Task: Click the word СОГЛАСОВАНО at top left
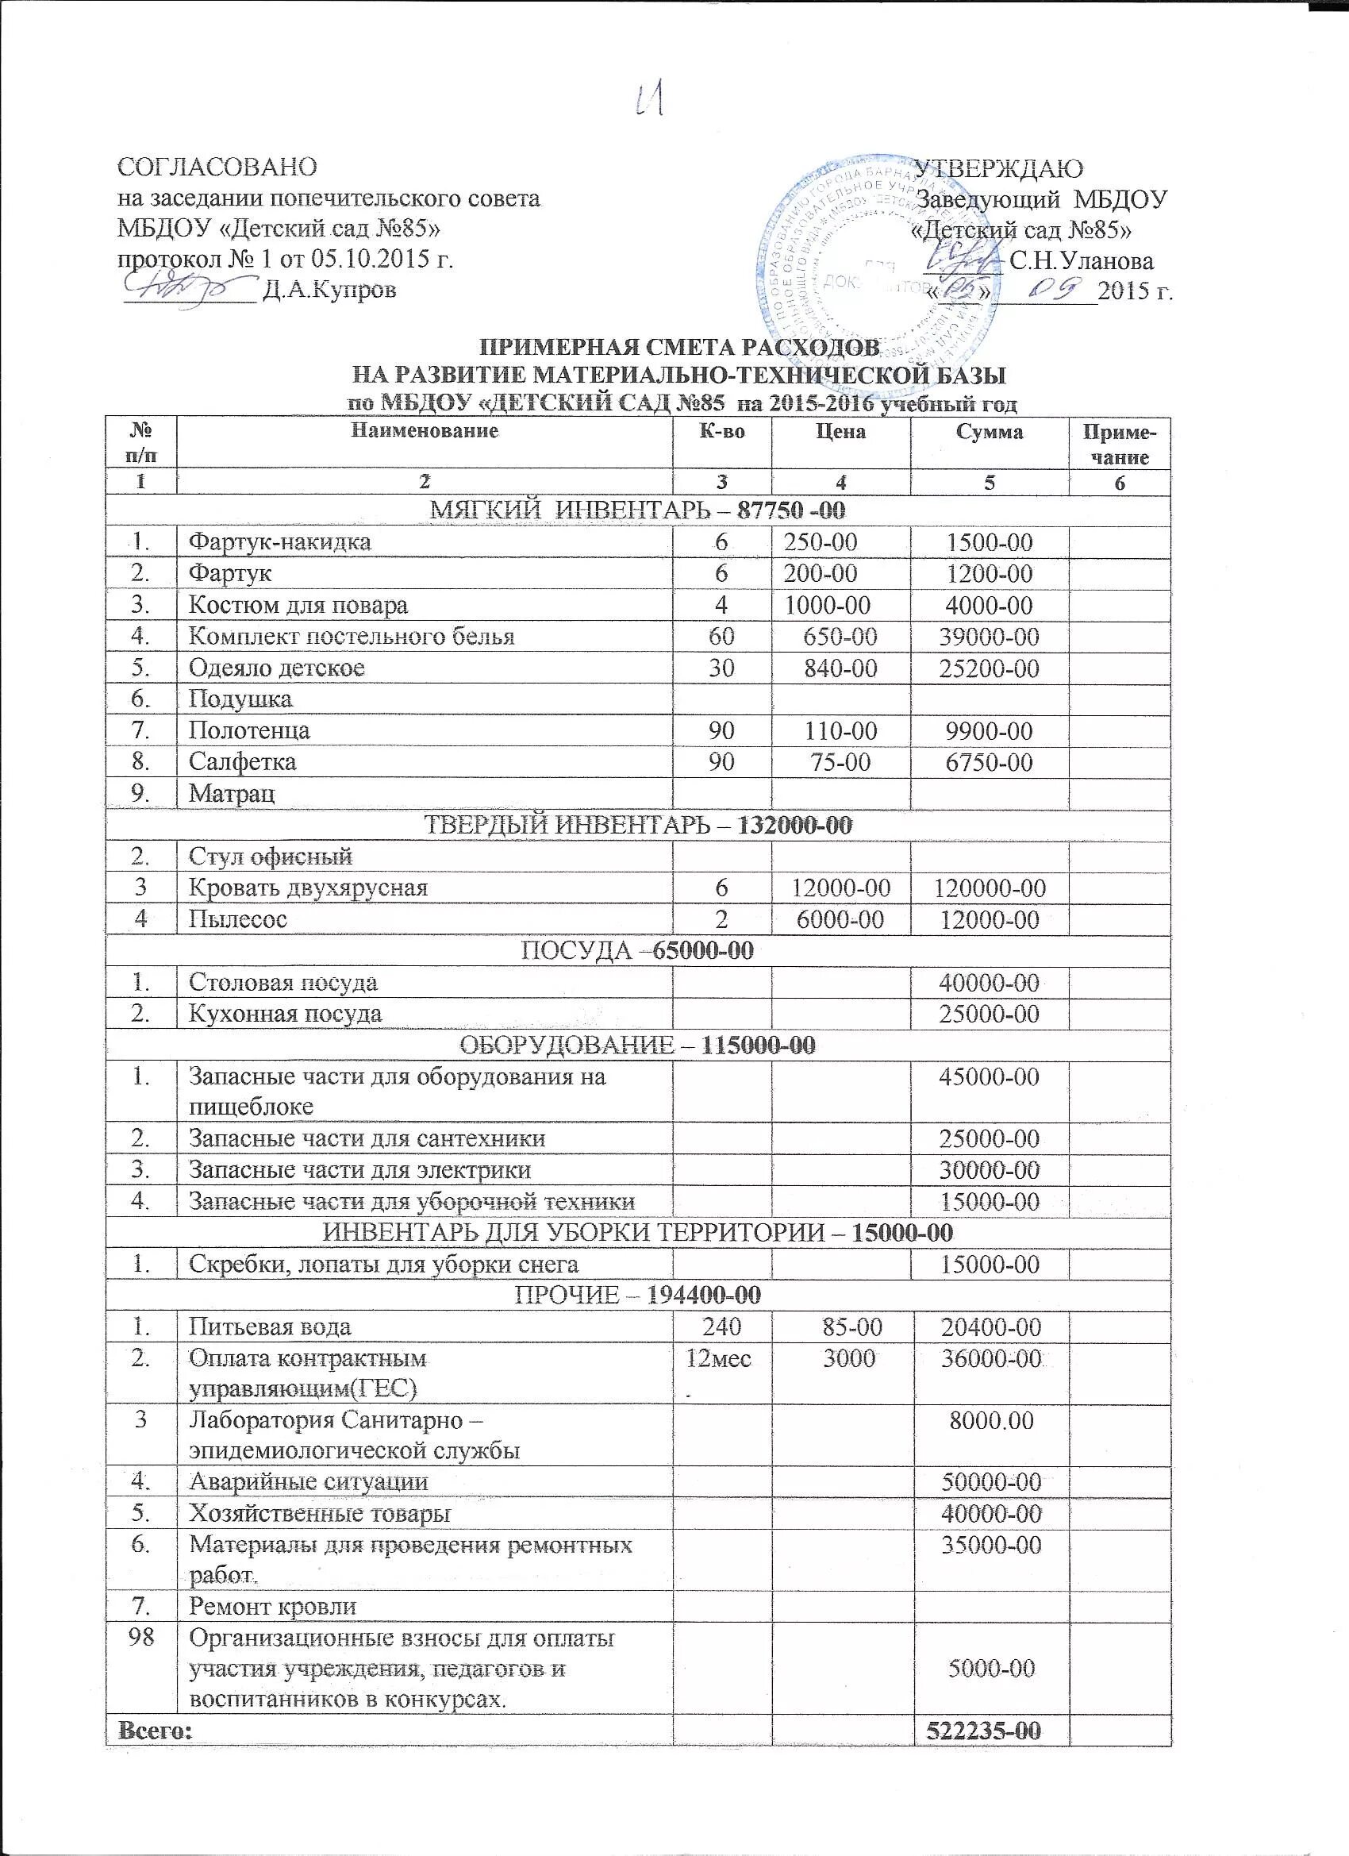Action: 216,167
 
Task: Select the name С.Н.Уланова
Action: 1082,261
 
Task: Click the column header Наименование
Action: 425,431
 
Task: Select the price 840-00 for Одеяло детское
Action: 840,668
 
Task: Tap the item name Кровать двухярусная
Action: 309,888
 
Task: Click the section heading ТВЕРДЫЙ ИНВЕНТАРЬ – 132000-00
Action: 640,826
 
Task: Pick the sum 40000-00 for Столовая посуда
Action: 990,983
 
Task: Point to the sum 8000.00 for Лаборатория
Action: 990,1421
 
